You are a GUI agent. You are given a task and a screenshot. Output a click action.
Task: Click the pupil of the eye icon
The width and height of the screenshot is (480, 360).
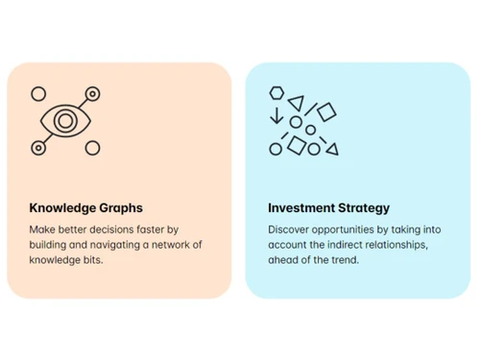(65, 121)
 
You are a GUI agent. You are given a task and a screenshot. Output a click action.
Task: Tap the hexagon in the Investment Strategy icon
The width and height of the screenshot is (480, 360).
(276, 93)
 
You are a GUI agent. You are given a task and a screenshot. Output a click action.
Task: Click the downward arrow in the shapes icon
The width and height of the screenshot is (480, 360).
(276, 117)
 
